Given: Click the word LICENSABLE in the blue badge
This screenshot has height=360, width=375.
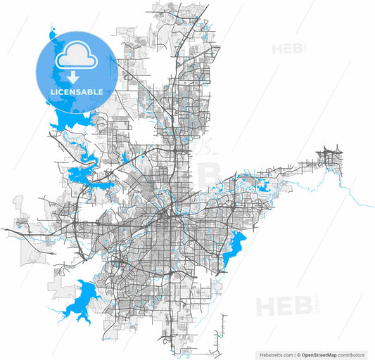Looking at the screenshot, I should tap(77, 92).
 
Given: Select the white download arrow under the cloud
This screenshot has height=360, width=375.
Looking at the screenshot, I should tap(73, 78).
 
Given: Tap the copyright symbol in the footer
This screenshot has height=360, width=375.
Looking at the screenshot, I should tap(298, 355).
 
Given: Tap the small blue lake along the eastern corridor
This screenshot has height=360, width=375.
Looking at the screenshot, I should tap(266, 186).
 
